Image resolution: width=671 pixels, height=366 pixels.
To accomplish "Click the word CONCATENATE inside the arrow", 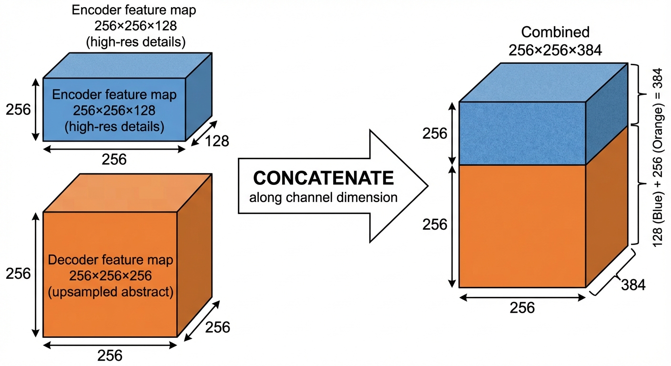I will point(324,178).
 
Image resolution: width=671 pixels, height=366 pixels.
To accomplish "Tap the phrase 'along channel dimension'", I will point(324,197).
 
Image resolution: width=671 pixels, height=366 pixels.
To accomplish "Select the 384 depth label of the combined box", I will point(633,285).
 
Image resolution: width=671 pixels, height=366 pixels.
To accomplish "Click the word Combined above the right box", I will point(555,32).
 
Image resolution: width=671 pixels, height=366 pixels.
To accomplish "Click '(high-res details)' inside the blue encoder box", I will point(115,127).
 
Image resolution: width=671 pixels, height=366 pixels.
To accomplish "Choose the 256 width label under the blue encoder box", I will point(114,159).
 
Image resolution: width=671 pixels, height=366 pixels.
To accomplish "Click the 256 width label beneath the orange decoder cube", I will point(110,355).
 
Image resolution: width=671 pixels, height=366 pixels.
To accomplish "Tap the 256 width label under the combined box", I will point(522,308).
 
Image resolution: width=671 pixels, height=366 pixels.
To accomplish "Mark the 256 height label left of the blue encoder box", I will point(18,110).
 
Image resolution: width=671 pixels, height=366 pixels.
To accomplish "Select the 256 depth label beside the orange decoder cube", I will point(217,327).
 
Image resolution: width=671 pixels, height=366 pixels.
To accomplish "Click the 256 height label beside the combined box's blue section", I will point(435,134).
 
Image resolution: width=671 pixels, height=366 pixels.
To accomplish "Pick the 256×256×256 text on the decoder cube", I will point(111,276).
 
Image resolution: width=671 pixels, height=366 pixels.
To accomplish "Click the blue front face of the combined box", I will point(522,133).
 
